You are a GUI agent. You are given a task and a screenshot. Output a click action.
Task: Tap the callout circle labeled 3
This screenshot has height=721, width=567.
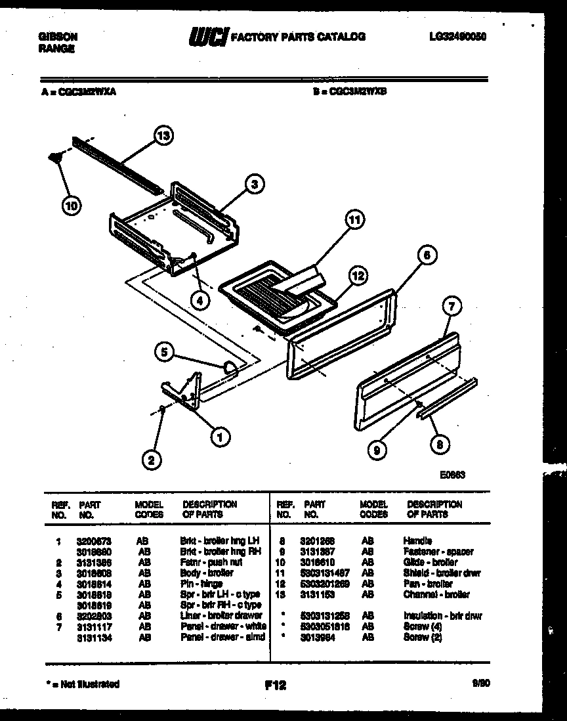click(254, 184)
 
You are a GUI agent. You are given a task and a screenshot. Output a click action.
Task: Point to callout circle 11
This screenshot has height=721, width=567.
click(354, 221)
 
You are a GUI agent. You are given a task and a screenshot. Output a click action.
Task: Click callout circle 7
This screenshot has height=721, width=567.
click(451, 305)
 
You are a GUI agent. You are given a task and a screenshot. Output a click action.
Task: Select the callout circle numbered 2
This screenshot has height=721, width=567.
click(152, 460)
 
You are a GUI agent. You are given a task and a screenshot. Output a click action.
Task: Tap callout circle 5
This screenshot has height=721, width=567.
click(166, 352)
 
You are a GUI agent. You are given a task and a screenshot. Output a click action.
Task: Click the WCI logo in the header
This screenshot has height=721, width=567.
click(205, 36)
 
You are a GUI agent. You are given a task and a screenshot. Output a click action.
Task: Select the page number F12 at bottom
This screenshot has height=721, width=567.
click(276, 686)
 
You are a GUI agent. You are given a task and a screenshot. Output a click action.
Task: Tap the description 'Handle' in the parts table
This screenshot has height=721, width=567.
click(417, 540)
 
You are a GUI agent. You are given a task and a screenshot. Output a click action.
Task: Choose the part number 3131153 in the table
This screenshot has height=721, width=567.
click(320, 594)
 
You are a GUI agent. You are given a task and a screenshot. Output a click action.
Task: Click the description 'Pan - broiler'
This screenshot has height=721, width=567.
click(428, 584)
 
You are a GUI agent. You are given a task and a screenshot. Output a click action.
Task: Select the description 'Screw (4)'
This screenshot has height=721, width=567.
click(420, 627)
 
